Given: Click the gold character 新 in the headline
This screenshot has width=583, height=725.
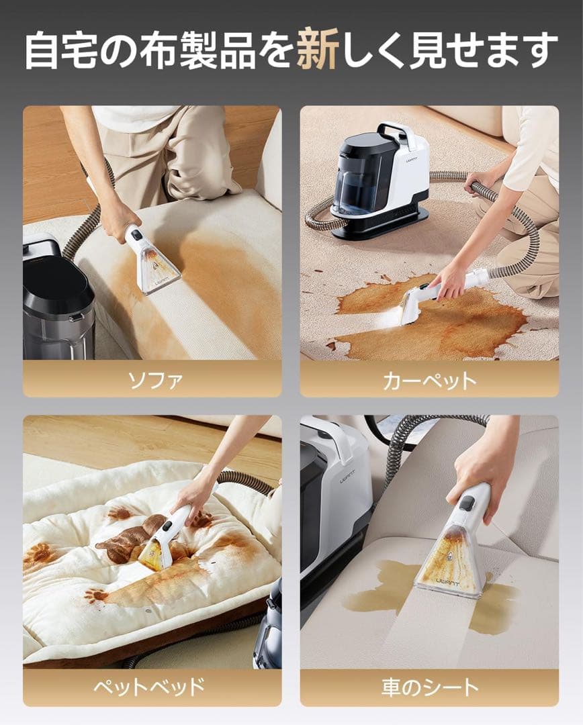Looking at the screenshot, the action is coord(318,50).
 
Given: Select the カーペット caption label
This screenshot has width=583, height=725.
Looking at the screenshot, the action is coord(429,381).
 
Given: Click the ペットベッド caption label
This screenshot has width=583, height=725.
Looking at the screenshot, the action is coord(149,686).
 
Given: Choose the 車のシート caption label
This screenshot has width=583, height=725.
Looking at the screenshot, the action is coord(430,687).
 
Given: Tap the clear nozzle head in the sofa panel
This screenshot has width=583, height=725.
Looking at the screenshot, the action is coord(156,270).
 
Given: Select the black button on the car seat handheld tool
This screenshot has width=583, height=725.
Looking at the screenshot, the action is coord(467,503).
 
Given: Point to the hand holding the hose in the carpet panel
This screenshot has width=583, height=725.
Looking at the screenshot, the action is coord(480,183).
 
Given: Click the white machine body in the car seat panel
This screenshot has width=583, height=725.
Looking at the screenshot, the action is coord(340,499).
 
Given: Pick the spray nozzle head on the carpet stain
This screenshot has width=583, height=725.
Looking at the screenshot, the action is coord(407,306).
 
